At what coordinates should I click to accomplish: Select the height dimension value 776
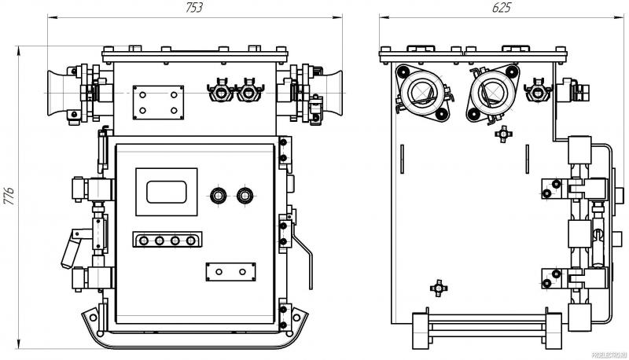pyautogui.click(x=9, y=193)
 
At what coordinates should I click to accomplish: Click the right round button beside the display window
pyautogui.click(x=243, y=193)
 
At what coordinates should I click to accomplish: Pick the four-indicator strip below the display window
pyautogui.click(x=167, y=241)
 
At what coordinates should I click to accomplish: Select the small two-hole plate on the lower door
pyautogui.click(x=230, y=271)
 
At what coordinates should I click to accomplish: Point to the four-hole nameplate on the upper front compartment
pyautogui.click(x=157, y=102)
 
